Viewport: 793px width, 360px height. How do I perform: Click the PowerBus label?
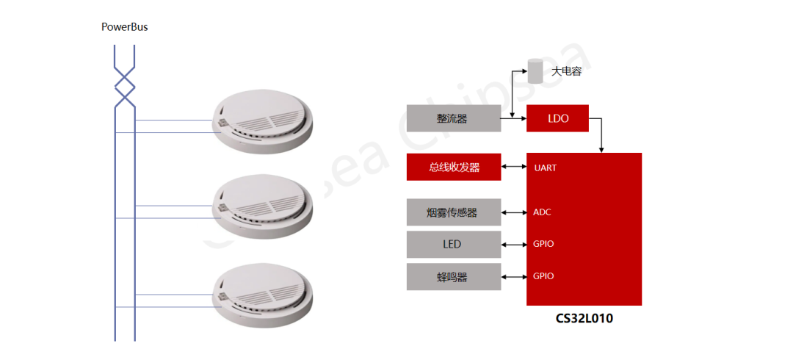(125, 27)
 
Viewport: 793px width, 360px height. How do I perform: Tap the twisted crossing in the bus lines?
(125, 86)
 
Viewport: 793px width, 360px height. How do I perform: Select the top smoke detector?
(261, 123)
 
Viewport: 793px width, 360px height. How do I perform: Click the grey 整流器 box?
(454, 118)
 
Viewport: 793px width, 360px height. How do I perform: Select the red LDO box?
(557, 118)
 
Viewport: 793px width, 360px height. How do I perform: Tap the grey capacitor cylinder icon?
(535, 72)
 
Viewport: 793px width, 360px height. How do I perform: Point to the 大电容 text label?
(566, 72)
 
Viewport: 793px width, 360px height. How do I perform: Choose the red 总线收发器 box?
(454, 168)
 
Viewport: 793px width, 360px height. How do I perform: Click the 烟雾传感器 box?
(454, 212)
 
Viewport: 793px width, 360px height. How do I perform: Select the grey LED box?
(454, 244)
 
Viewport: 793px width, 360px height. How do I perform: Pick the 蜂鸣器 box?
(454, 276)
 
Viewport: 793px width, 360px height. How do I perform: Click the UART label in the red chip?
(545, 168)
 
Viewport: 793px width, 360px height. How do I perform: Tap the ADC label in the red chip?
(542, 212)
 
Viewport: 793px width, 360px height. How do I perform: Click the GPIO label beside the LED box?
(543, 243)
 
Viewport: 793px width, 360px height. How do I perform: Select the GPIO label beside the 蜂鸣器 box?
(543, 276)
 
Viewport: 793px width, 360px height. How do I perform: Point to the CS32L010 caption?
(584, 319)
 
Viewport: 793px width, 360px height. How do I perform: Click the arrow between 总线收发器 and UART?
(514, 168)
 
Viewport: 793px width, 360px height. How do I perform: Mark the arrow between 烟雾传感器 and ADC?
(514, 212)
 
